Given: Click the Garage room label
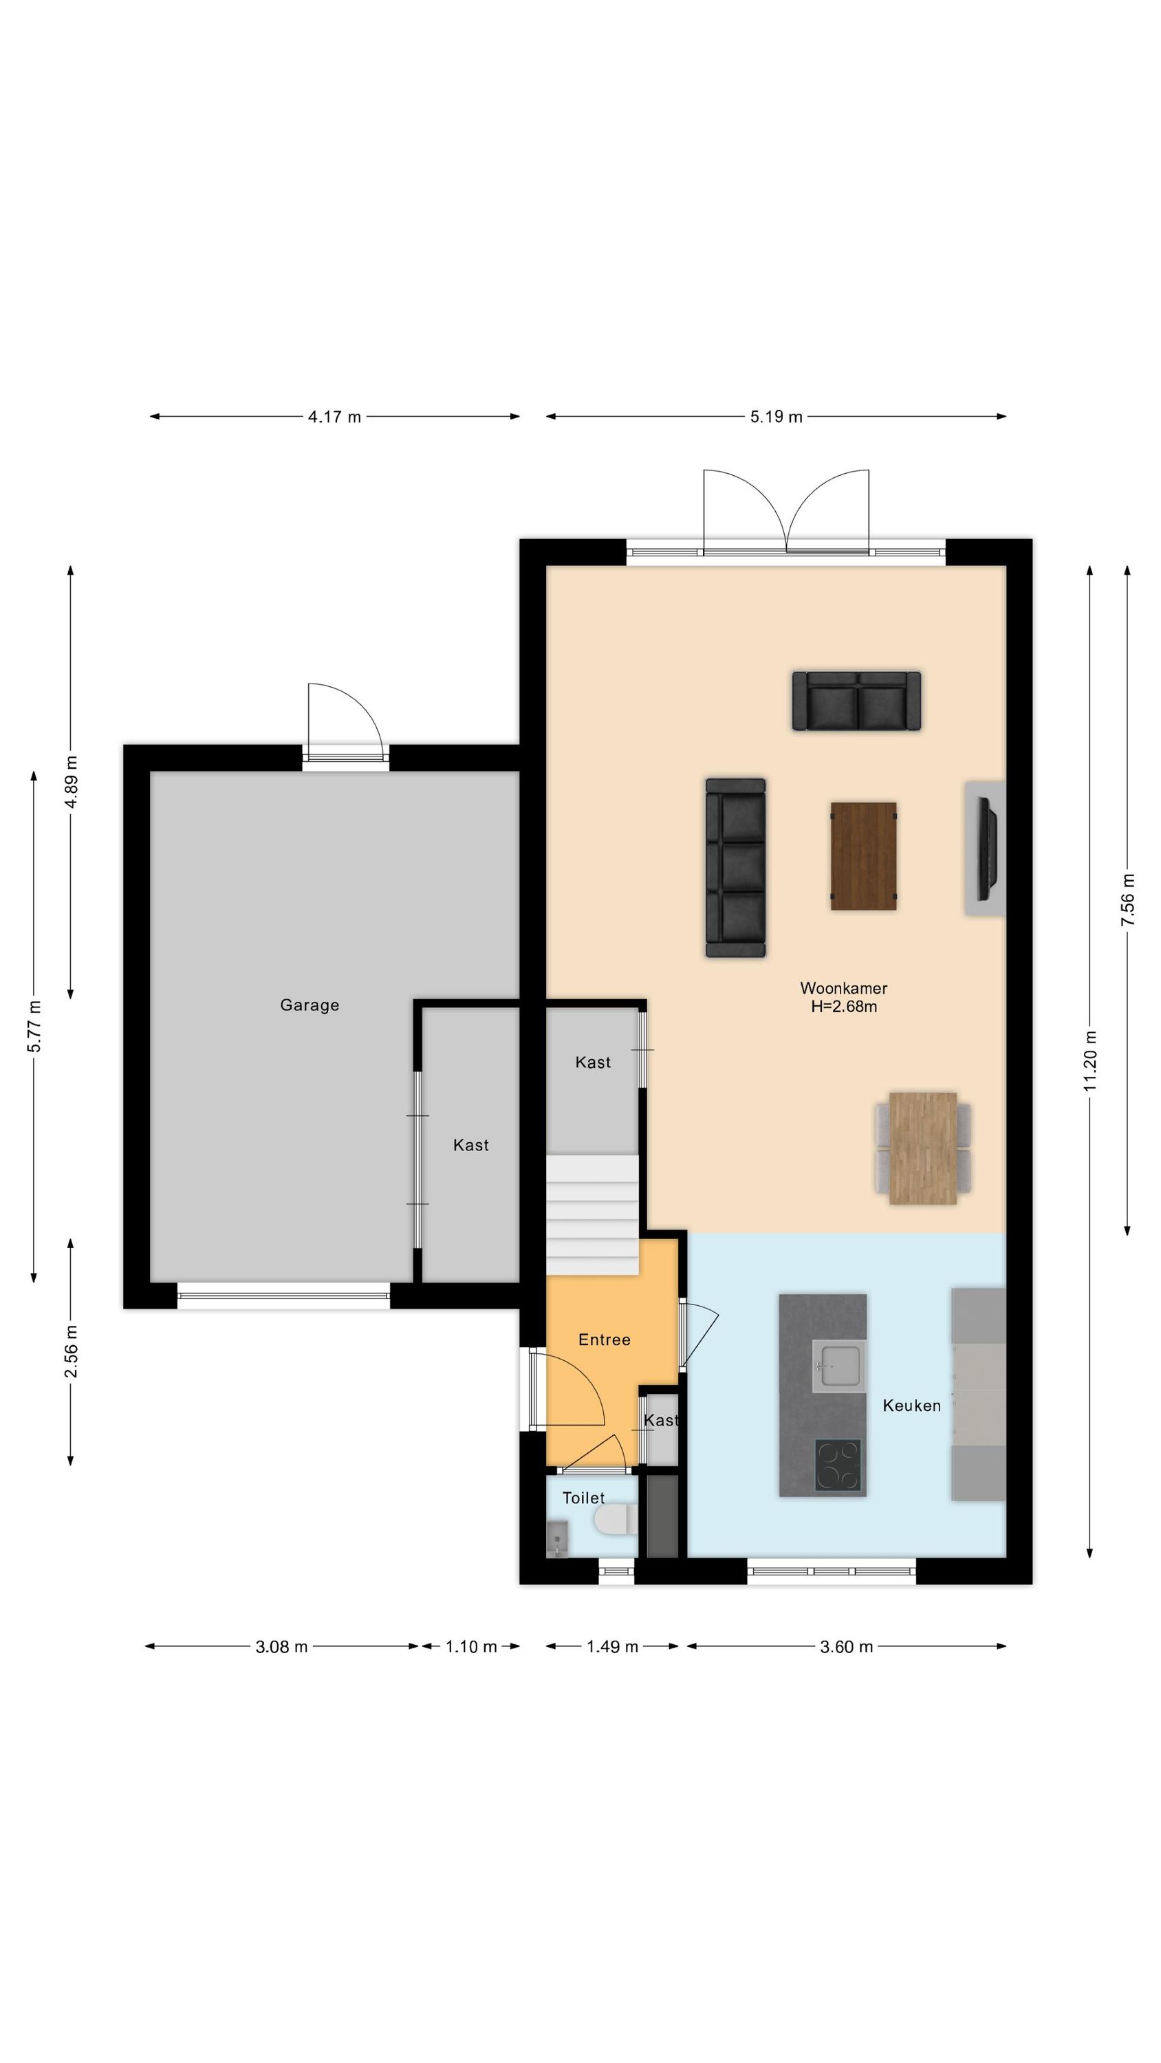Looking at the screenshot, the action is pos(310,1005).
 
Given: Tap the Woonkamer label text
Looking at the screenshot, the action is pos(844,988).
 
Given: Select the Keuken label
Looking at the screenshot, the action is pos(912,1406).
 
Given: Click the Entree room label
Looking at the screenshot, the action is pos(604,1340).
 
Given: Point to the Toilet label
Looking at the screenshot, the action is pos(583,1498).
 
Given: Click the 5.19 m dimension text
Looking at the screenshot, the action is pos(777,417).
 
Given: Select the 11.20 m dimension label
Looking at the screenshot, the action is pos(1089,1061).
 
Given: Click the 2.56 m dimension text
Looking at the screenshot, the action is pos(71,1352).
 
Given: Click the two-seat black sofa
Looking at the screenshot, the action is pos(856,701).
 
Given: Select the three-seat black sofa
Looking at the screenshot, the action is pos(735,867).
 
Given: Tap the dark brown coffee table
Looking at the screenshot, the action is pos(863,856).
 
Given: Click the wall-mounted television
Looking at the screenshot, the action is pos(988,849).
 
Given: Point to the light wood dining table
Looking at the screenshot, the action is pos(923,1148).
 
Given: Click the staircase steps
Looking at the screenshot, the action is pos(592,1214).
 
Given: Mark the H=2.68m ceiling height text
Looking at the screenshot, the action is pos(844,1007).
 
